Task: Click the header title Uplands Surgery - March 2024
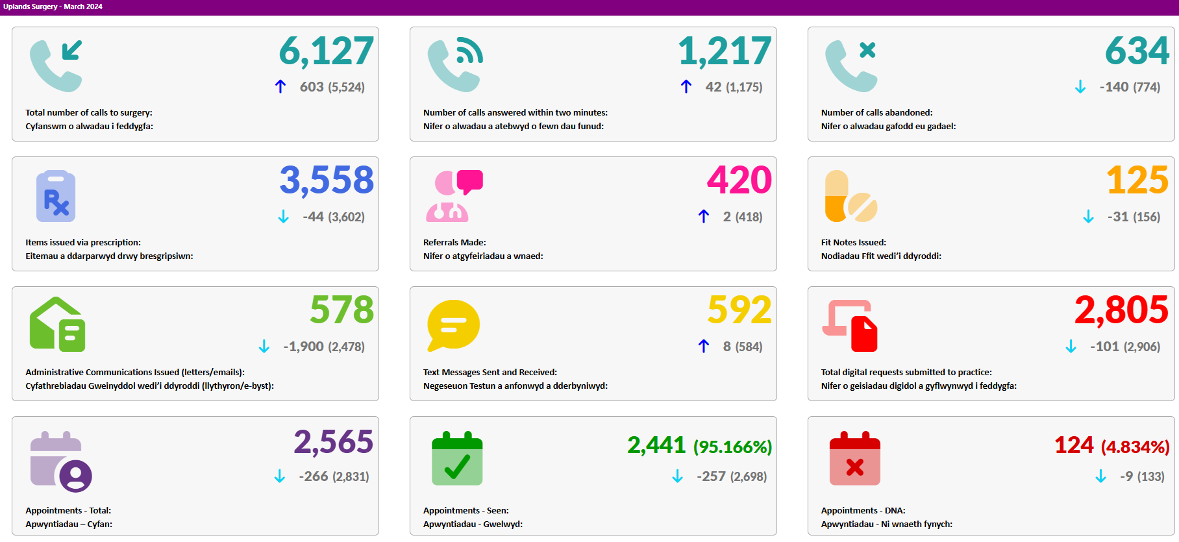pyautogui.click(x=53, y=6)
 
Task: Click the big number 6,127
pyautogui.click(x=327, y=51)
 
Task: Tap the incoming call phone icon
pyautogui.click(x=56, y=66)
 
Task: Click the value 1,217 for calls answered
pyautogui.click(x=725, y=51)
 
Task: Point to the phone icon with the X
pyautogui.click(x=851, y=66)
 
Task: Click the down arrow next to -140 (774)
pyautogui.click(x=1080, y=87)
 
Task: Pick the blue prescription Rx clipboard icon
pyautogui.click(x=56, y=196)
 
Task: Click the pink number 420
pyautogui.click(x=739, y=180)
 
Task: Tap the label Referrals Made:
pyautogui.click(x=454, y=243)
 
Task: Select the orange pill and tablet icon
pyautogui.click(x=851, y=196)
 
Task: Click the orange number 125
pyautogui.click(x=1137, y=180)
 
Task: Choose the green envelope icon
pyautogui.click(x=57, y=325)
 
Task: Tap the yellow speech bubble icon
pyautogui.click(x=453, y=325)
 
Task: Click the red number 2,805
pyautogui.click(x=1122, y=310)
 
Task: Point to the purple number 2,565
pyautogui.click(x=334, y=442)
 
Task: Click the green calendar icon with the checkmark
pyautogui.click(x=458, y=458)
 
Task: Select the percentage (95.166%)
pyautogui.click(x=733, y=447)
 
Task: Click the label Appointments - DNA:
pyautogui.click(x=863, y=511)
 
